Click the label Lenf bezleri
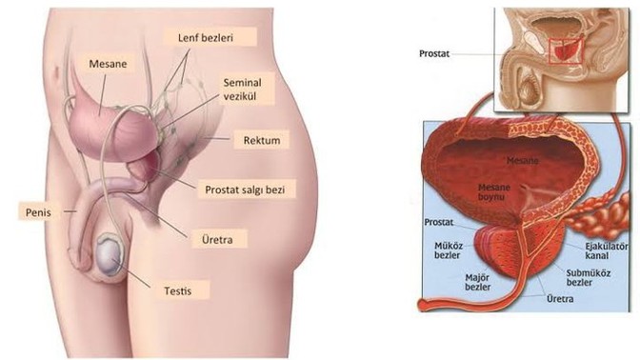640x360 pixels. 206,38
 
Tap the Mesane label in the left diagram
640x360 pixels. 108,64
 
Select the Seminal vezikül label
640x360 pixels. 242,90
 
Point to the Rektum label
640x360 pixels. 262,140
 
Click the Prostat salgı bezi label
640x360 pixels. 245,190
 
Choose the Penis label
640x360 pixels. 38,212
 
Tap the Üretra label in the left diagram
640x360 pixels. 217,240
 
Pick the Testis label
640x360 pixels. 177,291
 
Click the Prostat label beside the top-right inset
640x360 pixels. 434,53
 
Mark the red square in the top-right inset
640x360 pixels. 566,51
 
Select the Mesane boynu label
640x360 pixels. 494,191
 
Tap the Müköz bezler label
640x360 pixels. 448,250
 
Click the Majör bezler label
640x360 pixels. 478,282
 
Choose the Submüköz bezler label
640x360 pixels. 589,277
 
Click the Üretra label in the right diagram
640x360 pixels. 560,299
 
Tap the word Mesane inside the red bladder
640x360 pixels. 523,160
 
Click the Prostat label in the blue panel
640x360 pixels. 439,222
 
